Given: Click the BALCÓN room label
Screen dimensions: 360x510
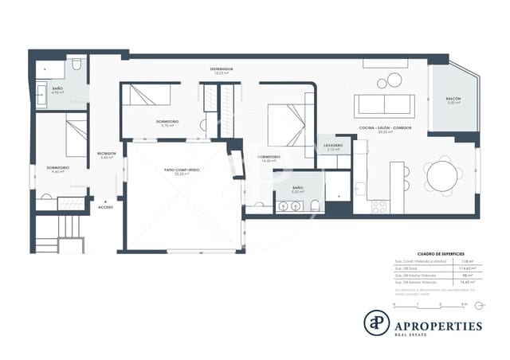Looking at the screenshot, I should pos(453,99).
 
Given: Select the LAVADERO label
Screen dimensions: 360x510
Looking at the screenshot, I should pos(334,146).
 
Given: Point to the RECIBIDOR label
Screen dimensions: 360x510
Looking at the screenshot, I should pos(107,154).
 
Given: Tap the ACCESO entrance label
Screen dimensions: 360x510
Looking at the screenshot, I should pos(105,206).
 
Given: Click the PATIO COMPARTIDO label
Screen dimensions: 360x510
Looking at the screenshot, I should pos(182,170).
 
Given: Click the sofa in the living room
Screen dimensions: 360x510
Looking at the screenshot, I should pos(384,104).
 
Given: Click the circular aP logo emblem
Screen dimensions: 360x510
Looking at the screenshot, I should pos(375,323).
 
